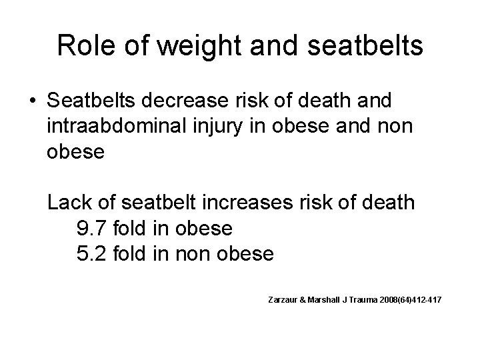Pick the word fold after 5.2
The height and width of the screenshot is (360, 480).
(133, 254)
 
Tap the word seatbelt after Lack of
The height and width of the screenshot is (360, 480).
(154, 203)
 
